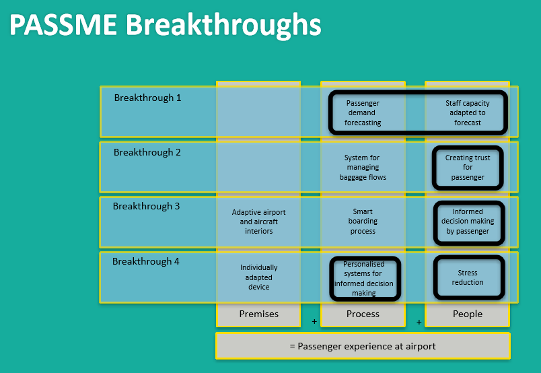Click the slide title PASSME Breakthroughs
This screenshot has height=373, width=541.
pos(166,25)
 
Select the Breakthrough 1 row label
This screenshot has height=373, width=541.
pos(147,98)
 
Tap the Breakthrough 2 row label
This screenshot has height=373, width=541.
pos(147,153)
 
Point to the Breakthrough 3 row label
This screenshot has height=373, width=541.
pos(147,207)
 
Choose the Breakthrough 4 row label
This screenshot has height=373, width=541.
pos(146,261)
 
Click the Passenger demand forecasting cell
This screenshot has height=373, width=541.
pos(363,113)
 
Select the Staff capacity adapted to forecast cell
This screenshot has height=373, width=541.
pos(467,113)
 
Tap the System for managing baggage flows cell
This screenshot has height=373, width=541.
pos(363,168)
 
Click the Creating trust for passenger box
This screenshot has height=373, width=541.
pos(468,168)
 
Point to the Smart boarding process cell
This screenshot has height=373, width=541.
pos(363,222)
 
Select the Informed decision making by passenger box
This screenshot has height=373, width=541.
pos(468,222)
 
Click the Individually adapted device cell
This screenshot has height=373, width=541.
pos(259,277)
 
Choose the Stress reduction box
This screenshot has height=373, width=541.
pos(468,277)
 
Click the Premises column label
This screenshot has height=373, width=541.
pos(259,314)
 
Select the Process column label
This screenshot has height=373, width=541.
pos(363,314)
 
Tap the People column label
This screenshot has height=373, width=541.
pos(468,314)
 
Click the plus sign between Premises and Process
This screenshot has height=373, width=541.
pos(314,322)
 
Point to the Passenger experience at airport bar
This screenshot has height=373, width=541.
pos(363,346)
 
